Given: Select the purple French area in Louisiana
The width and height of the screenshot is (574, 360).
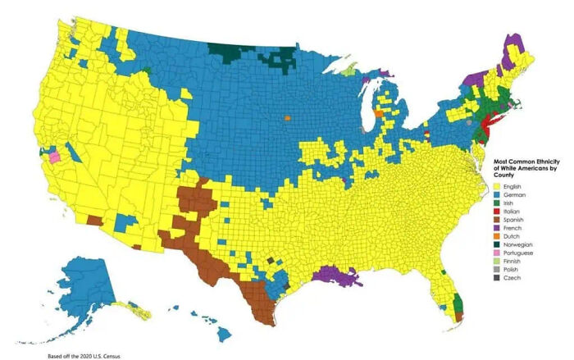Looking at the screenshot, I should click(x=337, y=276).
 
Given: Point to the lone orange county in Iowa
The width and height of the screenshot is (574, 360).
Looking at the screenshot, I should click(x=288, y=118).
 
